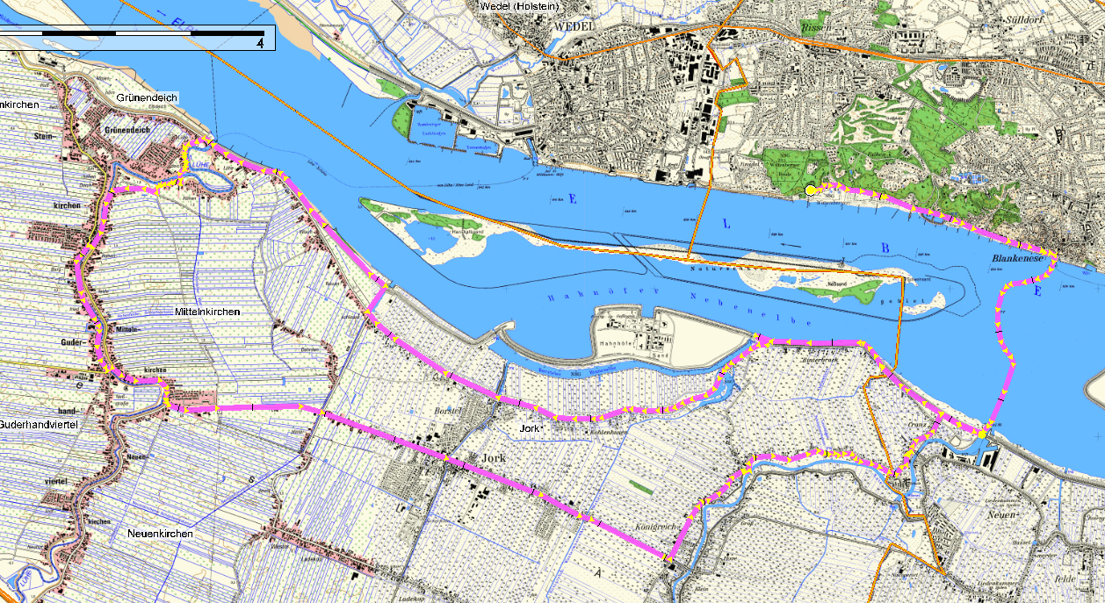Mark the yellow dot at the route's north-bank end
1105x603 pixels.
click(810, 190)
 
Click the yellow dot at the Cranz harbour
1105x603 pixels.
click(981, 433)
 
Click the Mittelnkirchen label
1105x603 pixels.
click(207, 312)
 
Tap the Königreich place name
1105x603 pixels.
click(656, 528)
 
